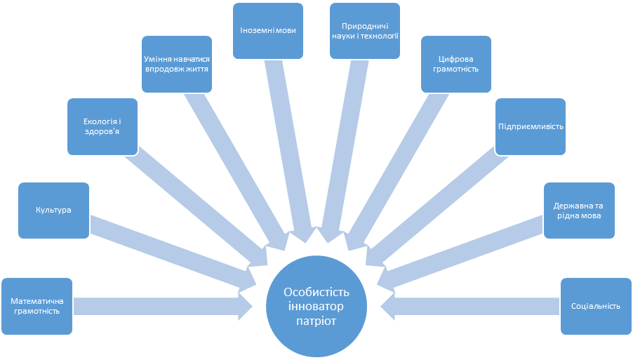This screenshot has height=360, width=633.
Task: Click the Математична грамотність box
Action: tap(36, 306)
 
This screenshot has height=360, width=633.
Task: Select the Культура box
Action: tap(53, 210)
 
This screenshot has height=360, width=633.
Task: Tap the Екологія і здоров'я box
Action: tap(102, 126)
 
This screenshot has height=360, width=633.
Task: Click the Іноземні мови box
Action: tap(268, 29)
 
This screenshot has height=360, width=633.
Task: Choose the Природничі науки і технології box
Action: tap(366, 29)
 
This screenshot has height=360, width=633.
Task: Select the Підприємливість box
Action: tap(531, 126)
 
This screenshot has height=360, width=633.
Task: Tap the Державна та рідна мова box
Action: tap(580, 210)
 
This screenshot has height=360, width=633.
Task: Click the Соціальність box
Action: tap(596, 306)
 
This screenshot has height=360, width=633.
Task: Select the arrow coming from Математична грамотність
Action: tap(161, 306)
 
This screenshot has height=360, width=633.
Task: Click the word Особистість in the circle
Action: tap(316, 292)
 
